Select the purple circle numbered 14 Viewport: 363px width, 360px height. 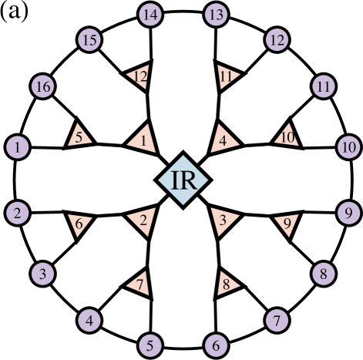click(x=150, y=14)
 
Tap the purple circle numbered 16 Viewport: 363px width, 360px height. click(x=43, y=87)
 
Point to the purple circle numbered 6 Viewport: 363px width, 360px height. click(x=217, y=345)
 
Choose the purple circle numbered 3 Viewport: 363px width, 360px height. click(x=43, y=272)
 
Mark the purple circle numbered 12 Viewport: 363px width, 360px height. click(x=276, y=39)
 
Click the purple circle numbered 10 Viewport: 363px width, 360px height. click(x=348, y=146)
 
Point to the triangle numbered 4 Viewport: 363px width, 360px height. click(x=224, y=139)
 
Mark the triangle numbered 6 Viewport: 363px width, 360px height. click(x=79, y=224)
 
